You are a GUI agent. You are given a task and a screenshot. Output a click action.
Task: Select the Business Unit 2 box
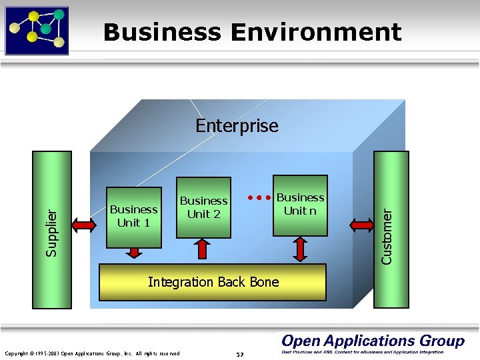203,207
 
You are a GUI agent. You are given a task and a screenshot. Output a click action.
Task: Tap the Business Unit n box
300,205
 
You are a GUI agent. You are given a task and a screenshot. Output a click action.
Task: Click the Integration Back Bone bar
213,282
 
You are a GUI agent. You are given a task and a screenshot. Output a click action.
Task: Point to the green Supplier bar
52,230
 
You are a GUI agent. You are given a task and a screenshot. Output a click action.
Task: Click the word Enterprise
237,125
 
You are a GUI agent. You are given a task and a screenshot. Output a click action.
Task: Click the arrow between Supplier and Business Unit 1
85,225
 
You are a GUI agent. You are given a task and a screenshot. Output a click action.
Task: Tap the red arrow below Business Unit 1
135,253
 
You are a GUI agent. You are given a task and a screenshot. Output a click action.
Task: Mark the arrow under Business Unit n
300,249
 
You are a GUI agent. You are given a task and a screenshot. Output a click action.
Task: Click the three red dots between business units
259,197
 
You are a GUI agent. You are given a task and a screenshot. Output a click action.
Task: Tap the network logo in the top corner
37,29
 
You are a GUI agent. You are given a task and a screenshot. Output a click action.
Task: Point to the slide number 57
240,353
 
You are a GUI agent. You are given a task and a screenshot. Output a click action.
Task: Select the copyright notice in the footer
92,353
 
